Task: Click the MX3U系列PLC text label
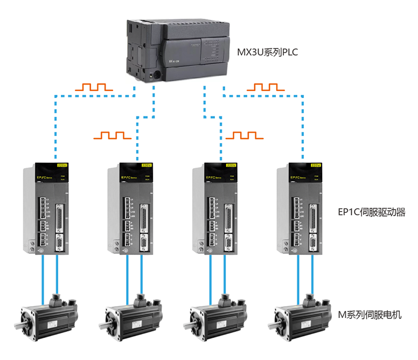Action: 267,52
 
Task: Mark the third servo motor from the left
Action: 219,316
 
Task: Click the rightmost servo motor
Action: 302,316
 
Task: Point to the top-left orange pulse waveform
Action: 94,87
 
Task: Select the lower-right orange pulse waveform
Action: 245,135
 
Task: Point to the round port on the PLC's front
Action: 157,75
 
